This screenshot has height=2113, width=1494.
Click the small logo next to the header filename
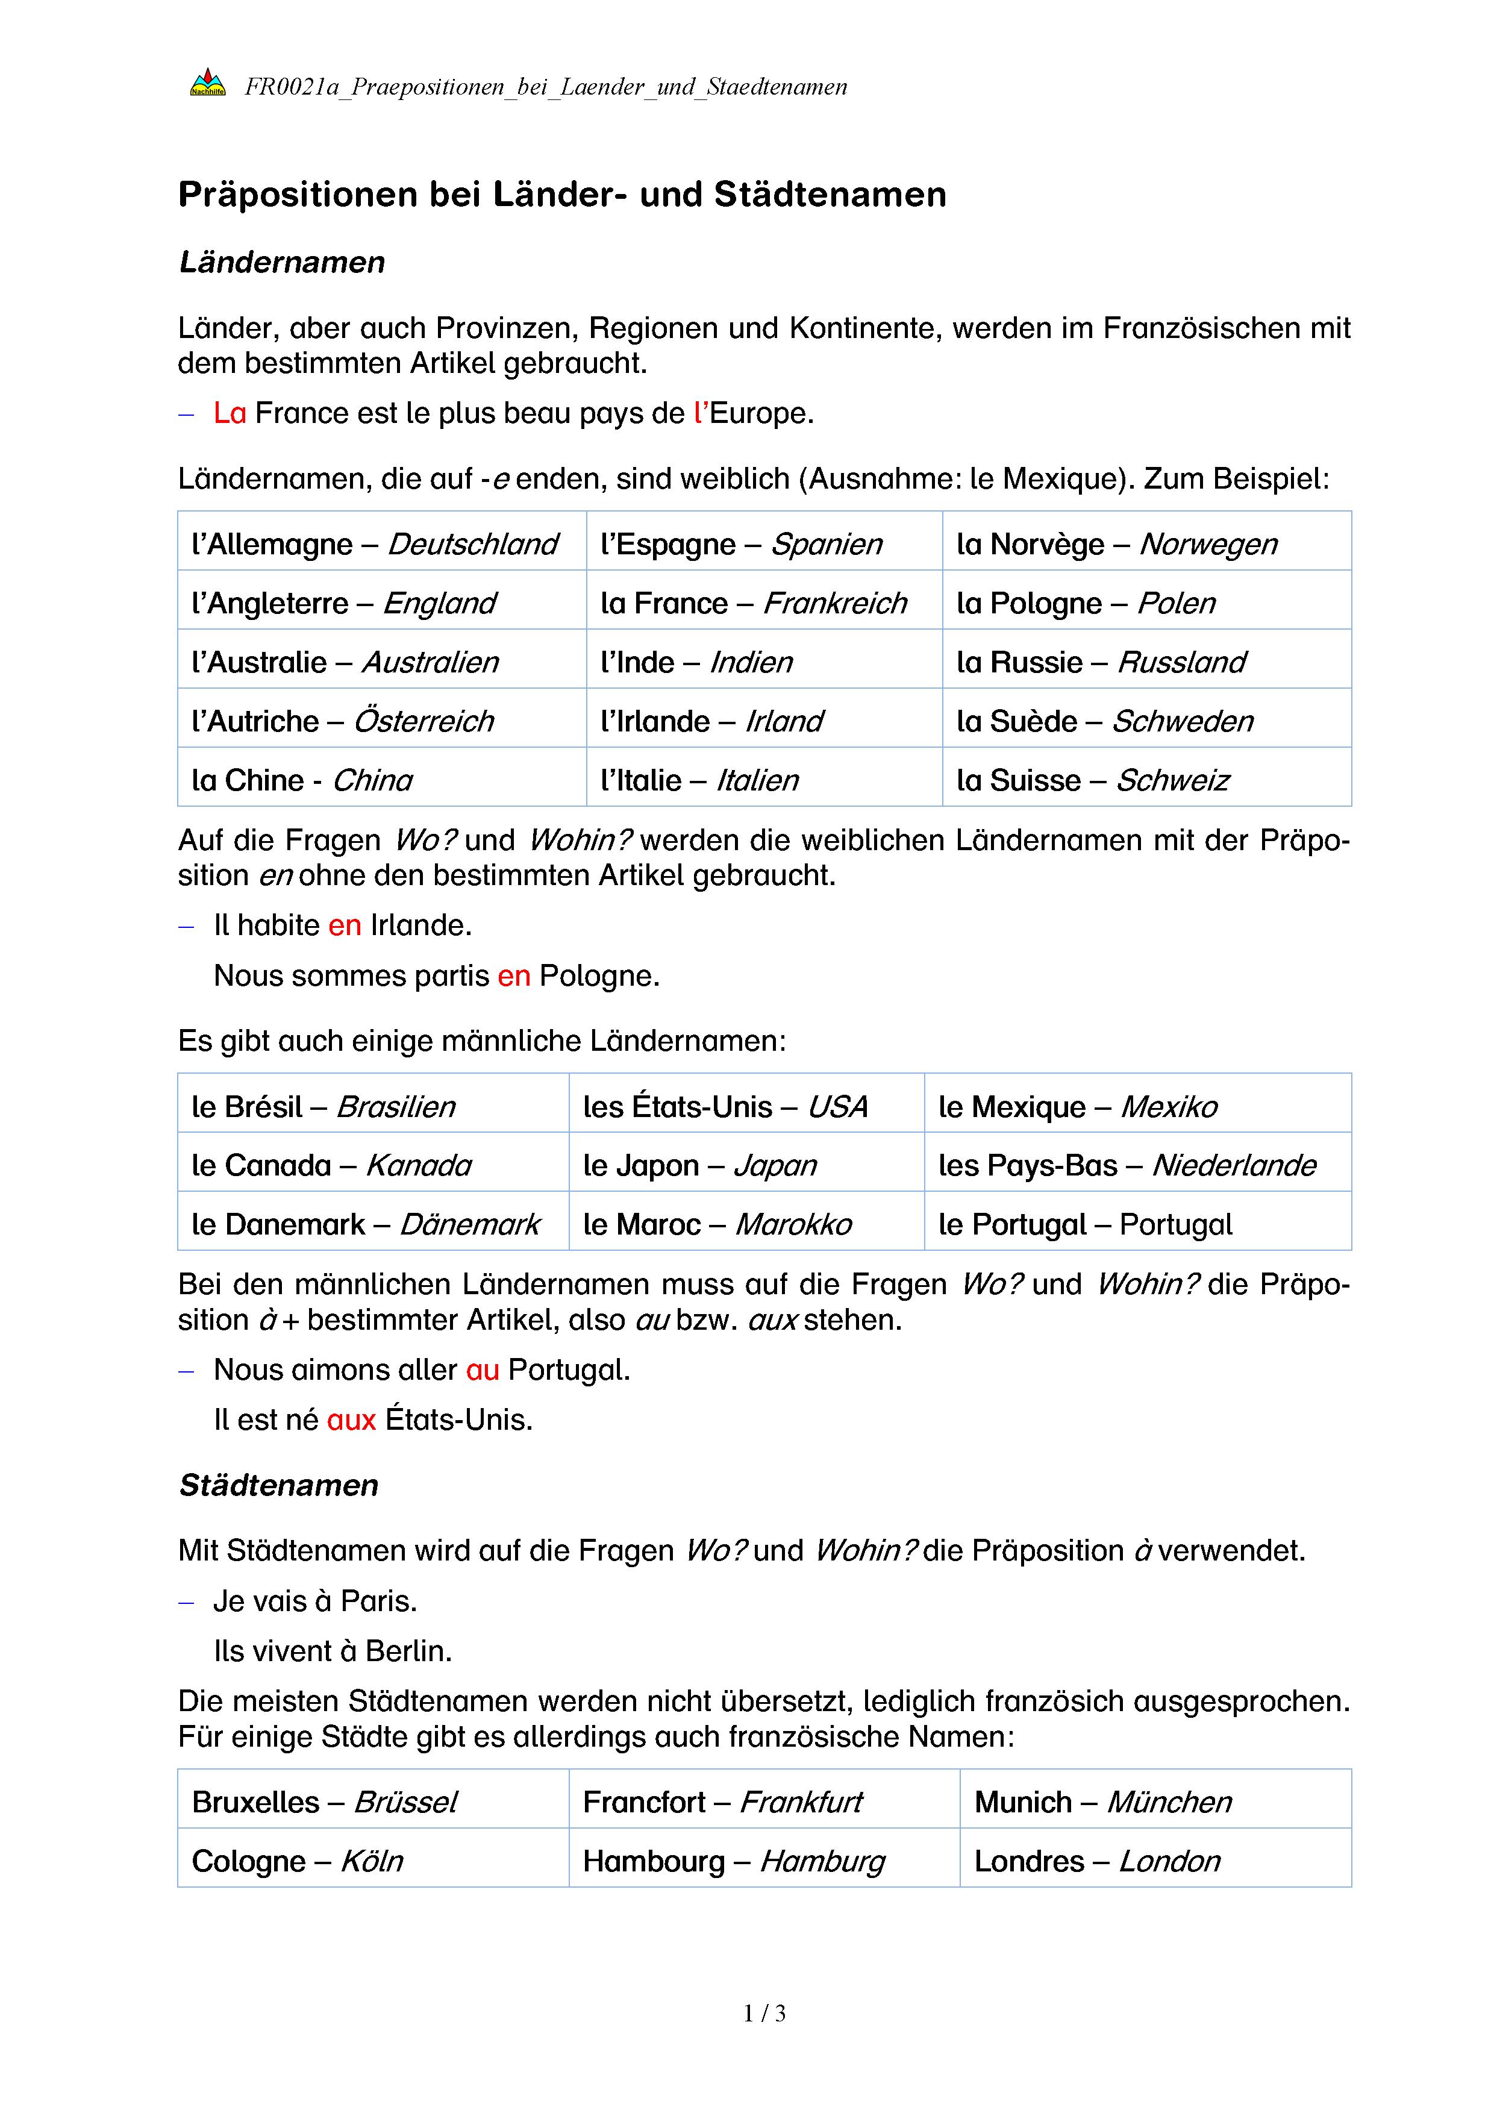[x=208, y=84]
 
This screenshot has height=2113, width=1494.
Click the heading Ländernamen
[x=281, y=262]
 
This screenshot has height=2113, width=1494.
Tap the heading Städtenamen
[x=279, y=1485]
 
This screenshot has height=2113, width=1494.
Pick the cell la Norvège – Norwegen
[x=1117, y=544]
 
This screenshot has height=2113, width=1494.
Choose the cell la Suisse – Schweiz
[x=1093, y=780]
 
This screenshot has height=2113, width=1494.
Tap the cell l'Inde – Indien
[x=696, y=662]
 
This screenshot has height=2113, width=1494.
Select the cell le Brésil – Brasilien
[x=324, y=1106]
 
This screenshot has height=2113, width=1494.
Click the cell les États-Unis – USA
[x=725, y=1106]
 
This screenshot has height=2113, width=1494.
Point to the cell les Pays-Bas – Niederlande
[x=1127, y=1165]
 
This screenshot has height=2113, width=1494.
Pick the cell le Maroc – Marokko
[x=717, y=1224]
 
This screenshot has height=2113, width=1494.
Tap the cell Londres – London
[x=1096, y=1861]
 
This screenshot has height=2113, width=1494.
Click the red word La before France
[x=229, y=413]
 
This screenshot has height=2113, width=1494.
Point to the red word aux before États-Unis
[x=351, y=1420]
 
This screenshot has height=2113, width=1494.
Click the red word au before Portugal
[x=482, y=1370]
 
